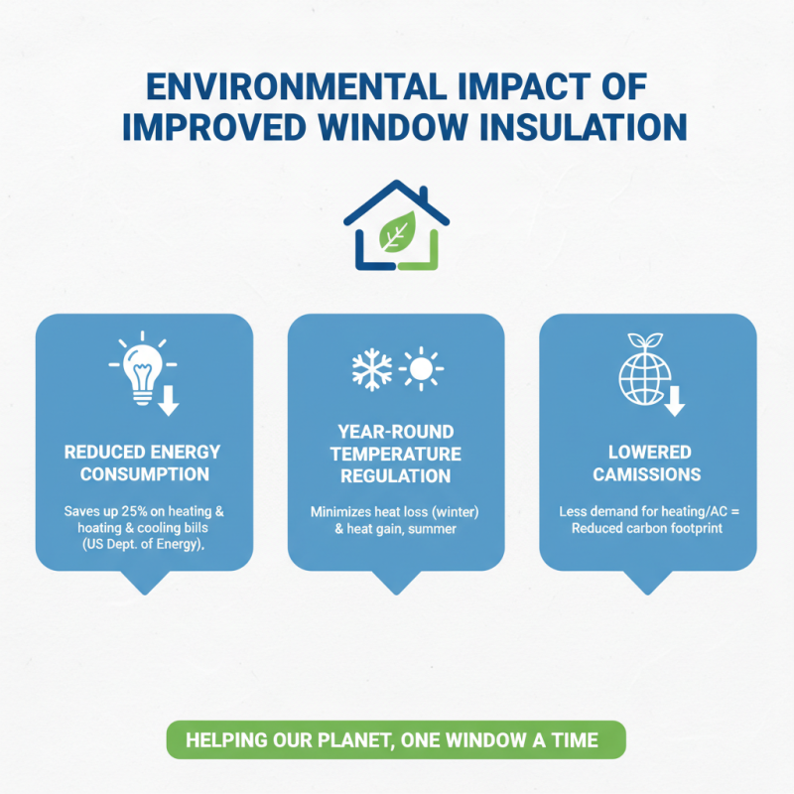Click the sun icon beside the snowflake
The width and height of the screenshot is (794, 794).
[421, 369]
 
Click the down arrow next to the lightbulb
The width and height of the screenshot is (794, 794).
[169, 400]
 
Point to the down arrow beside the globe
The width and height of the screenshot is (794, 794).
[676, 400]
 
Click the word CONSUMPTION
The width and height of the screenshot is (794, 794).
[144, 474]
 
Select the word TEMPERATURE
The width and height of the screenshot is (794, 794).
[396, 455]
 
